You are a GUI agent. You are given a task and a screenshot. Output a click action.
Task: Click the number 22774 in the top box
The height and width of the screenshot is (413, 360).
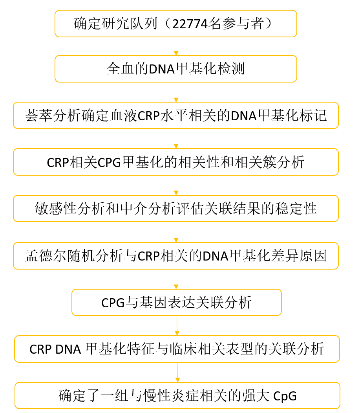pos(189,24)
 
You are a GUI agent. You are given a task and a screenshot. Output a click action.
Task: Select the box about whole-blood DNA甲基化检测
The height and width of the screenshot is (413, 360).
pos(175,69)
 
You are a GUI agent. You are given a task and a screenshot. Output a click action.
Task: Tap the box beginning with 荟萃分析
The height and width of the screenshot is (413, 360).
pos(175,116)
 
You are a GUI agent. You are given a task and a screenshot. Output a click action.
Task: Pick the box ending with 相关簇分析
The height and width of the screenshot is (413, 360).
pos(175,162)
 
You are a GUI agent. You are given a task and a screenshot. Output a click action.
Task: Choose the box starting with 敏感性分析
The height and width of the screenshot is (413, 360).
pos(175,208)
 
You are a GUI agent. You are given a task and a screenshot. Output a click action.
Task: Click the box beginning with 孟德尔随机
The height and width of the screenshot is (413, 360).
pos(175,256)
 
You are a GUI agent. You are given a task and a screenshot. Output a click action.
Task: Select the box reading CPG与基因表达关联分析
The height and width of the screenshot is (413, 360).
pos(176,302)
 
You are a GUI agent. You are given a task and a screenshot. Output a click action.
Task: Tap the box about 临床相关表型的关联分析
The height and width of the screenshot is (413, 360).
pos(177,349)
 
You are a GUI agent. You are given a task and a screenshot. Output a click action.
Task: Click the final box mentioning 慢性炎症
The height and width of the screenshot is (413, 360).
pos(177,395)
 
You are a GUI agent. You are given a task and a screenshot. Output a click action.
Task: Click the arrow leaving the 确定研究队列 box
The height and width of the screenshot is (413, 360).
pos(176,46)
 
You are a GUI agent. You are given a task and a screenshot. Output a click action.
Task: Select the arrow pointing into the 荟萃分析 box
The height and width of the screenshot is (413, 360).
pos(176,92)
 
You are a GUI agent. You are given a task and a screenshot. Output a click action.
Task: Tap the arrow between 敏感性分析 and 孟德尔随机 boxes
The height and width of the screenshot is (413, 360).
pos(176,232)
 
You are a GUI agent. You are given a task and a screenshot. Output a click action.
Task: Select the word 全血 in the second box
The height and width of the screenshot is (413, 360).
pos(118,69)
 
